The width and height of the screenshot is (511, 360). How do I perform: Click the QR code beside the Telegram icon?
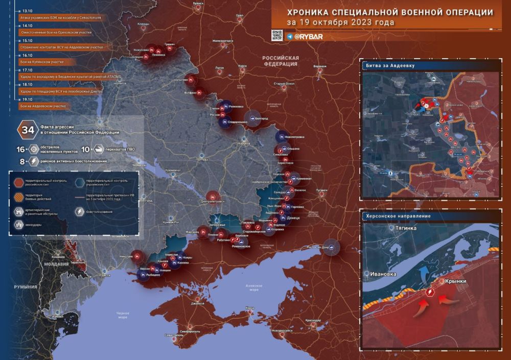point(276,36)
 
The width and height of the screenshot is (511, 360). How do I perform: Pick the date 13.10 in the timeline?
point(26,10)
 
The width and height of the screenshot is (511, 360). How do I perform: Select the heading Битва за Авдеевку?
point(389,66)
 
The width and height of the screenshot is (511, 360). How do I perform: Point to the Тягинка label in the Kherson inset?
point(403,228)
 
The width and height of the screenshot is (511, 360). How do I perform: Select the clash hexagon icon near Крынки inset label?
point(431,292)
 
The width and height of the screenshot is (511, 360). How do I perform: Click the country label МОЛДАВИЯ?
point(56,264)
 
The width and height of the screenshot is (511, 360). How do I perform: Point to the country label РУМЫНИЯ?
point(25,287)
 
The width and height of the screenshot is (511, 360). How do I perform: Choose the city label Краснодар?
point(317,320)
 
